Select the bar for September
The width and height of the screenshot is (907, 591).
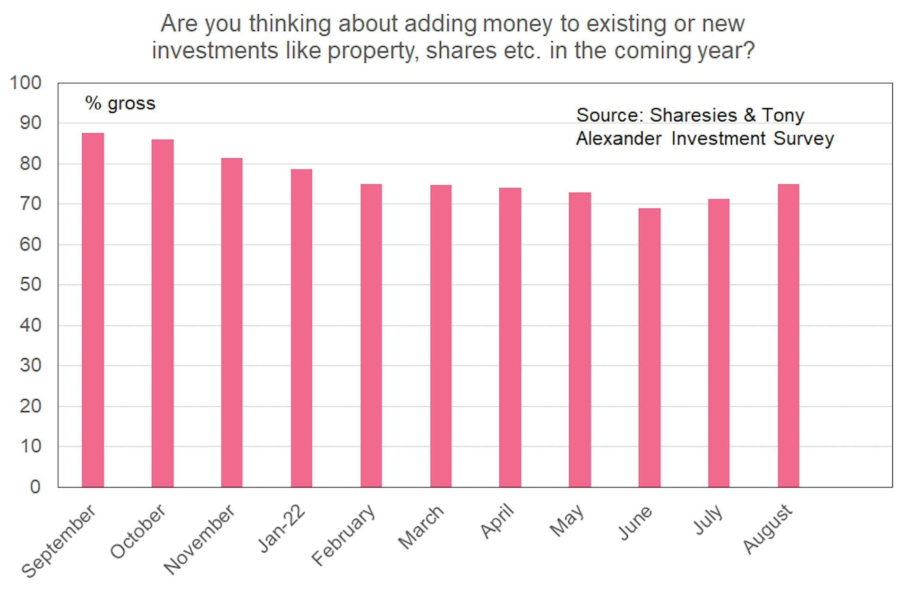coord(93,310)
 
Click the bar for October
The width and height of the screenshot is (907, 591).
coord(163,313)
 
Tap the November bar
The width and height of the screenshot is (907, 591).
coord(232,323)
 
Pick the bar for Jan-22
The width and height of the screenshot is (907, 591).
coord(301,328)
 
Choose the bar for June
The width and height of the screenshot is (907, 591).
coord(650,347)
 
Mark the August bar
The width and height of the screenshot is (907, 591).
coord(788,335)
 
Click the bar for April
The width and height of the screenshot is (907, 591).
coord(510,337)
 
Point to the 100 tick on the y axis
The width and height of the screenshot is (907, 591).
coord(26,83)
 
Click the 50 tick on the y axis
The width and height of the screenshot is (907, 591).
coord(30,284)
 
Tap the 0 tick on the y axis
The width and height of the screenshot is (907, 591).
coord(35,487)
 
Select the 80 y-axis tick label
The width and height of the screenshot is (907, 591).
coord(30,163)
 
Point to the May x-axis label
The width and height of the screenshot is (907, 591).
coord(567,521)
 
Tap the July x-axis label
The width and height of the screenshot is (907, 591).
coord(708,520)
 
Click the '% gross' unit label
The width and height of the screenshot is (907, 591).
coord(120,103)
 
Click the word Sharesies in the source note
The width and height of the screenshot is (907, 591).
coord(693,115)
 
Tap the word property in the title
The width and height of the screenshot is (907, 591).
coord(373,51)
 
